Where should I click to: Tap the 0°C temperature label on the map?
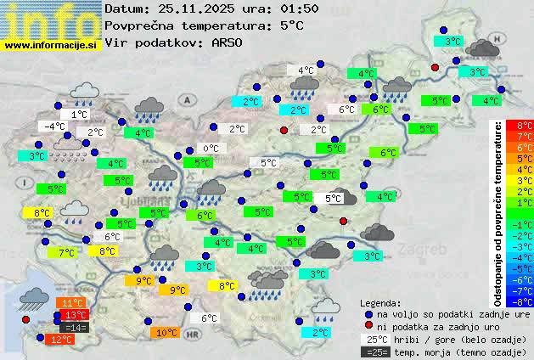pyautogui.click(x=210, y=149)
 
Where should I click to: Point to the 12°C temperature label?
pyautogui.click(x=60, y=340)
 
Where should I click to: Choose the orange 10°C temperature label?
pyautogui.click(x=166, y=333)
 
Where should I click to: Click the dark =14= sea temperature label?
pyautogui.click(x=75, y=327)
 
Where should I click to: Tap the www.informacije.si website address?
pyautogui.click(x=51, y=45)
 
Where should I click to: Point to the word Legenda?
pyautogui.click(x=379, y=302)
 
